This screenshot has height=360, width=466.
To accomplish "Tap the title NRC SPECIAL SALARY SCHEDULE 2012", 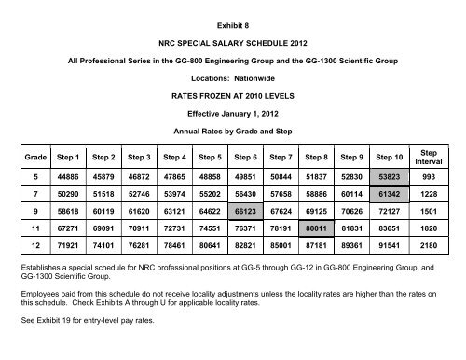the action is coord(232,38).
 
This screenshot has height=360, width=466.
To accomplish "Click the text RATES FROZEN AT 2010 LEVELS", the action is coord(232,95).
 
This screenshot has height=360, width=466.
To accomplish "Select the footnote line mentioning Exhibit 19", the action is coord(83,344).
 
